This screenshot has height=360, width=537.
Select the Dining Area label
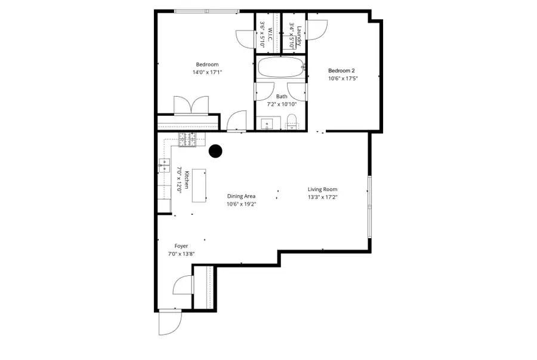pos(241,196)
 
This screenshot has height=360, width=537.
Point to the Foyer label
pos(181,246)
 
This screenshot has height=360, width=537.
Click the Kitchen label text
pos(187,180)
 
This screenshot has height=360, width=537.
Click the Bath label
pos(282,97)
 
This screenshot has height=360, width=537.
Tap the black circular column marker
pos(215,151)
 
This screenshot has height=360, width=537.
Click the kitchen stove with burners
pos(187,140)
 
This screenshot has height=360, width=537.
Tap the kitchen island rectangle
pos(199,186)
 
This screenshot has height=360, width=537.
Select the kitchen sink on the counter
pos(164,165)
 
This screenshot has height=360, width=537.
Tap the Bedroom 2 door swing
pos(316,29)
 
